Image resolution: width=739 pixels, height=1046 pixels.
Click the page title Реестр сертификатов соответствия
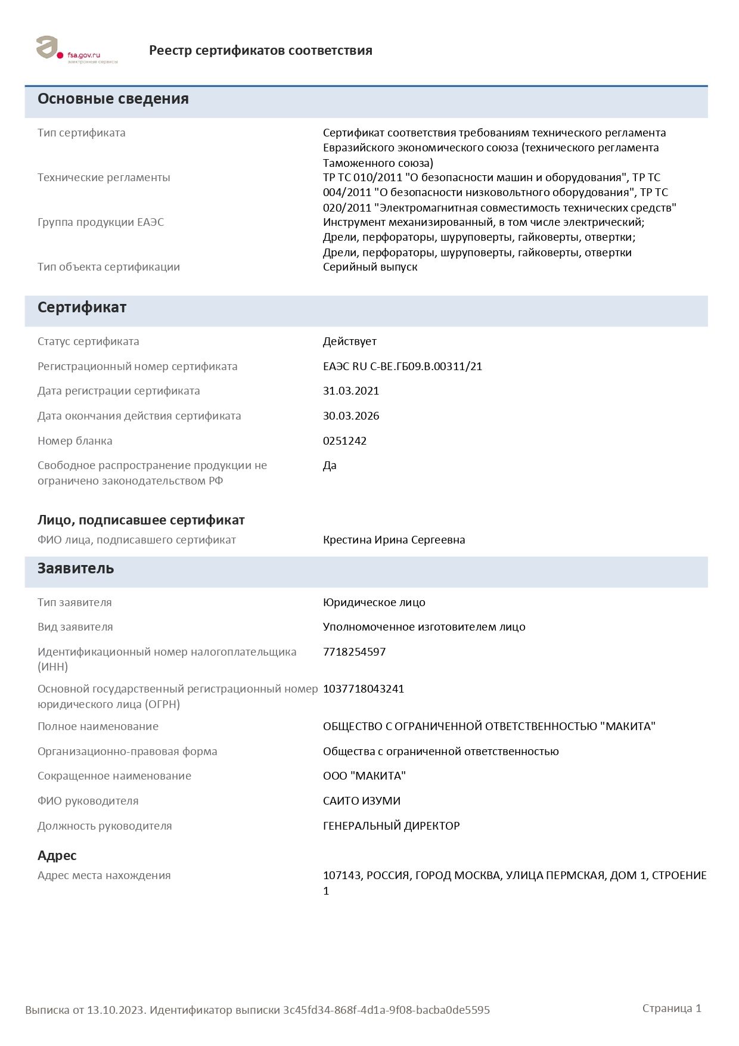[260, 51]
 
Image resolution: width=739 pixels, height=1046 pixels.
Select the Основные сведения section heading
[113, 99]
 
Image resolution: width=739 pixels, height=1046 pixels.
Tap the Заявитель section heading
[76, 569]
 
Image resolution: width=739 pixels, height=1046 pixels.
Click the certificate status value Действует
[350, 342]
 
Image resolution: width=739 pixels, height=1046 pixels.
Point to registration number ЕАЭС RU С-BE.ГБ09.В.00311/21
[402, 367]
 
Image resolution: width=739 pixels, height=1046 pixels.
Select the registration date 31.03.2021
[351, 391]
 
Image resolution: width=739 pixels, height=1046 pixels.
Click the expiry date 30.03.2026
[351, 416]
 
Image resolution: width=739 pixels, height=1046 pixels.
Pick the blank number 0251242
[344, 441]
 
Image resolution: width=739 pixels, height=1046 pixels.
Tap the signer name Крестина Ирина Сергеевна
[394, 540]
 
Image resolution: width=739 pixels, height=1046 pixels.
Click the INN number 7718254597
[354, 652]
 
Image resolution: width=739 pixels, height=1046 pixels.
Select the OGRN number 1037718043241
[364, 689]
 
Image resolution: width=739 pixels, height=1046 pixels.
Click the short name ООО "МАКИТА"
[364, 776]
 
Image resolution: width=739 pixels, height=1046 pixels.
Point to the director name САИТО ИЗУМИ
[362, 801]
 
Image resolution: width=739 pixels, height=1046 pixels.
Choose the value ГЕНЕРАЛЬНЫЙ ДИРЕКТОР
[392, 826]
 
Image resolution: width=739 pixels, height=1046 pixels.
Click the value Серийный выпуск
[370, 267]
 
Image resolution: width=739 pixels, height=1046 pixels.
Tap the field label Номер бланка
[75, 441]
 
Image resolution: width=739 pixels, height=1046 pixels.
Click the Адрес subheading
[57, 856]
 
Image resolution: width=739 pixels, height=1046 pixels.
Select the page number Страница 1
[672, 1008]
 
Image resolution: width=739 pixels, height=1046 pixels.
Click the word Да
[330, 465]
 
